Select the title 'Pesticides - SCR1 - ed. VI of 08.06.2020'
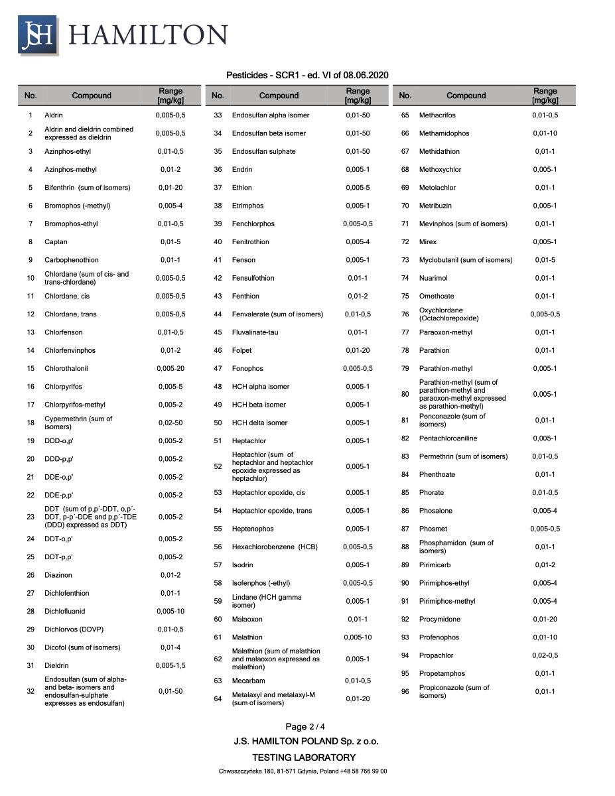point(307,75)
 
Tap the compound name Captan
point(56,242)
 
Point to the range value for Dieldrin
point(171,665)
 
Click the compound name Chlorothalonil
point(66,368)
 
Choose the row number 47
point(218,368)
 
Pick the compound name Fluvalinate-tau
point(255,332)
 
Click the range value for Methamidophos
point(545,133)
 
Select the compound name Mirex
point(428,242)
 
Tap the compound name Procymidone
point(440,620)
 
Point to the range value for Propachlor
point(545,655)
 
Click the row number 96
point(405,692)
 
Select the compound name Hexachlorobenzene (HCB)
point(275,547)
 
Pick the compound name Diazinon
point(58,575)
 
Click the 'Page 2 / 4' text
point(305,727)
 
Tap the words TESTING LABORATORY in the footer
point(304,758)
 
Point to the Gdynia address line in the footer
point(303,771)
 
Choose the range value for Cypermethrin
point(171,423)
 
